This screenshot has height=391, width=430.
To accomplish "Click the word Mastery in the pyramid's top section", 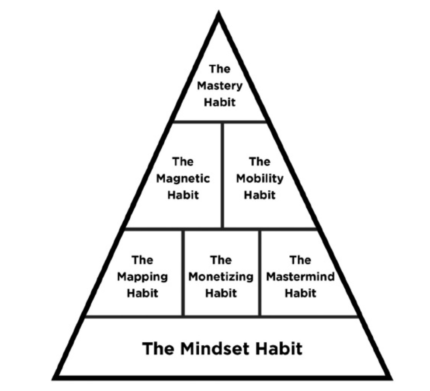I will coord(219,86).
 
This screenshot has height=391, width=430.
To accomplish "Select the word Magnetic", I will coord(183,179).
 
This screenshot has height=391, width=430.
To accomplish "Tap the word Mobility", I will coord(260,179).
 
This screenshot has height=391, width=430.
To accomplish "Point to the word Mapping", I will coord(142,277).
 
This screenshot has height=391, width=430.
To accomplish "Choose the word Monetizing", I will coord(221,277).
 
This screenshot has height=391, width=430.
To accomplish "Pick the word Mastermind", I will coord(300,277).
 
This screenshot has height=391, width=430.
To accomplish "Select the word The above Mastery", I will coord(219,69).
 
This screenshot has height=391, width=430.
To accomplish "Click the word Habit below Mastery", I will coord(219,102).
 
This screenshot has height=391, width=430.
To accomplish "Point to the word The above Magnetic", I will coord(183,162).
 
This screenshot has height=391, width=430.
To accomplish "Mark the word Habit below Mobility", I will coord(260,195).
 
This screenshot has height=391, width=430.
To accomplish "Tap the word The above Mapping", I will coord(142,261).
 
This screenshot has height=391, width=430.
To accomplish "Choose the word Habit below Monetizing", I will coord(221,293).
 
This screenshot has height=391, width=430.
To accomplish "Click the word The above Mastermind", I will coord(300,261).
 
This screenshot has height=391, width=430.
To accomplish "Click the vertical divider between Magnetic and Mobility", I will coord(222,175).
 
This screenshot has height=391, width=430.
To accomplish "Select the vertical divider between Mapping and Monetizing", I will coord(183,272).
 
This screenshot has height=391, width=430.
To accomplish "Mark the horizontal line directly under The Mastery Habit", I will coord(220,121).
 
